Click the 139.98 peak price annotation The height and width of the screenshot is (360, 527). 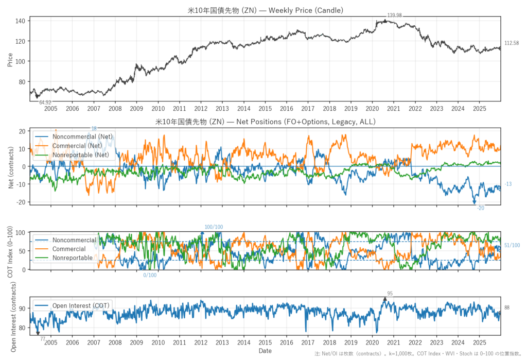point(395,15)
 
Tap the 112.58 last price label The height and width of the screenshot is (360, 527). point(512,43)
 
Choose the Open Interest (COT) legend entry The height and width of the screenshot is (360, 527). point(81,306)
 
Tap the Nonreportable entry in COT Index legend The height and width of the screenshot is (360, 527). point(73,258)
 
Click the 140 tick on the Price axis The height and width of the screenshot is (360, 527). point(21,21)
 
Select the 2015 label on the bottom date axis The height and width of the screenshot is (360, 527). point(265,342)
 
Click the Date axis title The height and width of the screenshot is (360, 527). point(265,351)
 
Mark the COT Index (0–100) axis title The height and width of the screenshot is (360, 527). point(11,251)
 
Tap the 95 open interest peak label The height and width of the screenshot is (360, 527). point(390,294)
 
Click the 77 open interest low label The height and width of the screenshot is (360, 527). point(43,338)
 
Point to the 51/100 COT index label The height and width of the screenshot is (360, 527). point(512,246)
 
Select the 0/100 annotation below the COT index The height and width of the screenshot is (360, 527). point(150,275)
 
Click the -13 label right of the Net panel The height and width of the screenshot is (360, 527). point(508,184)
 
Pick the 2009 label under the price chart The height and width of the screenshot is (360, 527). point(136,109)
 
